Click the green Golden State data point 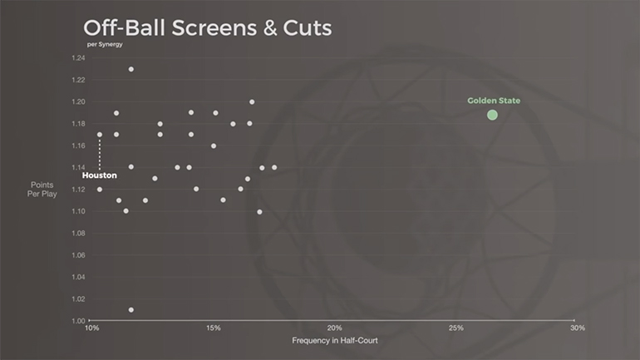click(492, 115)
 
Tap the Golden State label click(494, 101)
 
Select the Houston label click(99, 175)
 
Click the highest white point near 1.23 click(131, 69)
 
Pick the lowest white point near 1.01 click(131, 309)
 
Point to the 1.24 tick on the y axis click(78, 58)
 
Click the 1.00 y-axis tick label click(78, 321)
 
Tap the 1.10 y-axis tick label click(78, 211)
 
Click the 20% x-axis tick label click(334, 328)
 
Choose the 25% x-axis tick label click(455, 328)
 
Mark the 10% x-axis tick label click(91, 328)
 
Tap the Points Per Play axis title click(42, 189)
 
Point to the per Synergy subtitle click(104, 44)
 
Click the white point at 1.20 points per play click(252, 102)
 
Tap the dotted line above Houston click(100, 153)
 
